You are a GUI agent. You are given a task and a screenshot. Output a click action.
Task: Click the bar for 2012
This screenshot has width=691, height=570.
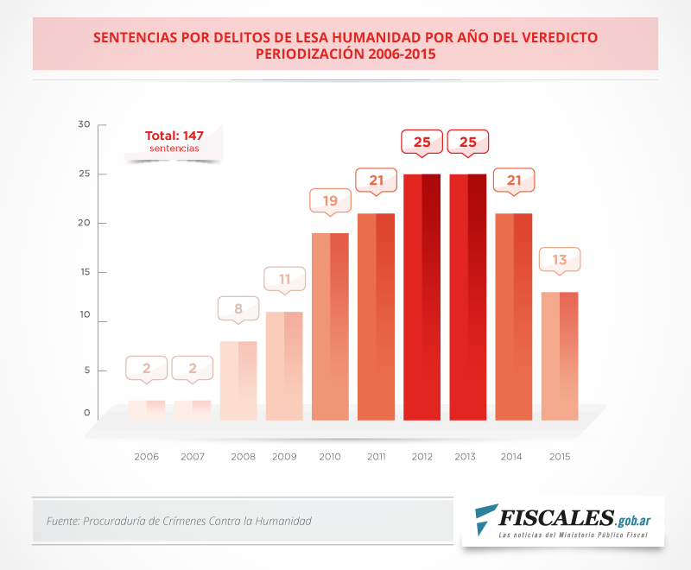click(422, 297)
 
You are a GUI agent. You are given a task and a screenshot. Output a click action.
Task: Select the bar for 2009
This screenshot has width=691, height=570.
click(284, 366)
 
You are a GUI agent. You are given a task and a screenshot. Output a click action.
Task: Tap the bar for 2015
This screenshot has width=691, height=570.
click(560, 356)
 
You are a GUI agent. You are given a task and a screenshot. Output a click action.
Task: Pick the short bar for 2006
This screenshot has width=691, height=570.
click(147, 410)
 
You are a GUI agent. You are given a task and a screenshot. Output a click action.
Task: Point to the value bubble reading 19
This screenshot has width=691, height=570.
click(331, 201)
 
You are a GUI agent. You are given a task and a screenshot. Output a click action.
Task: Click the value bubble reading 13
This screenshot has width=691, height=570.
click(560, 260)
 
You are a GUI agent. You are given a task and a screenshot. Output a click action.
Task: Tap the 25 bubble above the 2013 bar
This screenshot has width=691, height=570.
click(468, 142)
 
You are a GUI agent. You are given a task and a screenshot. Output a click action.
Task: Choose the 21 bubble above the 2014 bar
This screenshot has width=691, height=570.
click(514, 180)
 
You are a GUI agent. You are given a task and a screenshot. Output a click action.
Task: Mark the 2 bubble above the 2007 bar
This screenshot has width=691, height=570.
click(193, 368)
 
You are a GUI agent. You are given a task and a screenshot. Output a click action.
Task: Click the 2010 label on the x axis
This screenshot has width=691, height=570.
click(330, 456)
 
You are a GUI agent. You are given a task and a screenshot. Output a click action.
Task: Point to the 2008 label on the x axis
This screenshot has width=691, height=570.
click(238, 456)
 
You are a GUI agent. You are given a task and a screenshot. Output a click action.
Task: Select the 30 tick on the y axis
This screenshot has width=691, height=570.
click(84, 124)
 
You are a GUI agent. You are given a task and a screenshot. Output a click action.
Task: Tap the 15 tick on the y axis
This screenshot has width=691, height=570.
click(84, 273)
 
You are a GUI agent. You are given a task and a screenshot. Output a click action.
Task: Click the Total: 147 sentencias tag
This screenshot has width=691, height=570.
click(174, 142)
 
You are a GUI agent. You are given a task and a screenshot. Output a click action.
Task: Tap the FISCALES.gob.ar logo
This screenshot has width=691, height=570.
click(562, 521)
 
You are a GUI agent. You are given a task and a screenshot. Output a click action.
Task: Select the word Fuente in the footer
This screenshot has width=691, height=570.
click(65, 521)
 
